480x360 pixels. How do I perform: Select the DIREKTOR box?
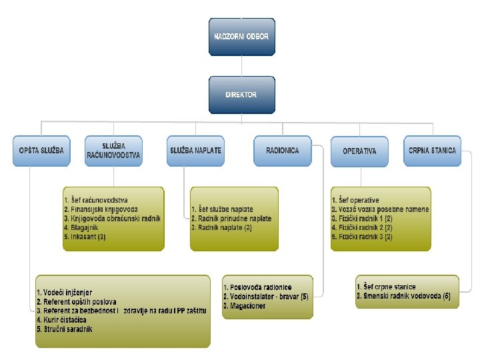(241, 95)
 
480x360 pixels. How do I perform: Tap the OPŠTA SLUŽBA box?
(41, 151)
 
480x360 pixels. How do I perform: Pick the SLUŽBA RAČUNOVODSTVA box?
(113, 151)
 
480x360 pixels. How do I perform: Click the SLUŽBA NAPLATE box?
(195, 151)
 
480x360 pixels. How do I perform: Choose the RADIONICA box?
(282, 151)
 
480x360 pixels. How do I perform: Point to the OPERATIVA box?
(359, 151)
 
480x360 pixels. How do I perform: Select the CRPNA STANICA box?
(432, 151)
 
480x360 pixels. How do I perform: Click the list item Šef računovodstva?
(100, 200)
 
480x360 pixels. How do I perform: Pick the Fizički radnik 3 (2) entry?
(364, 237)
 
